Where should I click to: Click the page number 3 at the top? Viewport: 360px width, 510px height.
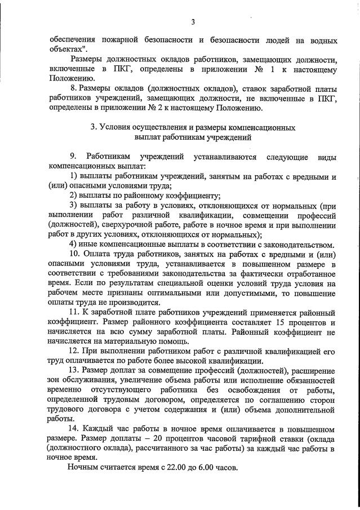point(193,22)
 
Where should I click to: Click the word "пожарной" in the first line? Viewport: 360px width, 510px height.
point(115,40)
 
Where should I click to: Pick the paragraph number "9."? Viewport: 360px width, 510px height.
point(73,156)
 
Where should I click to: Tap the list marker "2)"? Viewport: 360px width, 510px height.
point(73,196)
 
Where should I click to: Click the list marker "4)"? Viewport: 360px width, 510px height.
point(73,245)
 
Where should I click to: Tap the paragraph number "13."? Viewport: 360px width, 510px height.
point(75,371)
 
